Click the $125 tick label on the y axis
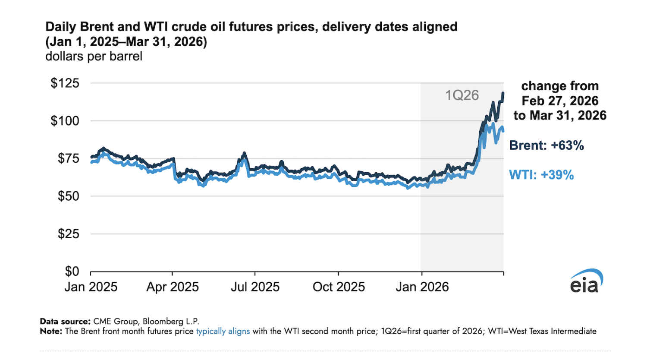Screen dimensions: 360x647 (x=65, y=83)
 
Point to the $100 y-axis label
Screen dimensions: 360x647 (x=65, y=121)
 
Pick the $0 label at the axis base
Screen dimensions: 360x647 (x=72, y=271)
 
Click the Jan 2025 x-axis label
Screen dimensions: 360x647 (x=91, y=287)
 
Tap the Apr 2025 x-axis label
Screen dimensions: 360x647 (x=173, y=287)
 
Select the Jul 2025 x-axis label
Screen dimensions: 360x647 (x=255, y=287)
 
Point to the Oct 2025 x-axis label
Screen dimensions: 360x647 (x=339, y=287)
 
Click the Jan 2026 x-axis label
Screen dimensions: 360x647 (x=422, y=287)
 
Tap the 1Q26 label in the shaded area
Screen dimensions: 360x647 (x=462, y=95)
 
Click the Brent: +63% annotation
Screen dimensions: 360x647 (x=546, y=145)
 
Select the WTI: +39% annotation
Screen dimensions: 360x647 (x=541, y=175)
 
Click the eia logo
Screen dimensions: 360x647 (x=586, y=281)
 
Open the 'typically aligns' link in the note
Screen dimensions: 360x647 (x=223, y=331)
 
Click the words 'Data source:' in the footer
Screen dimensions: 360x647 (x=65, y=321)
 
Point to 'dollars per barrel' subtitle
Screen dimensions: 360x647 (x=94, y=57)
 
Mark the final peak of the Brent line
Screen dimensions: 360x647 (x=503, y=93)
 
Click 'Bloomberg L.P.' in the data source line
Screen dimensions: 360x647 (x=171, y=321)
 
